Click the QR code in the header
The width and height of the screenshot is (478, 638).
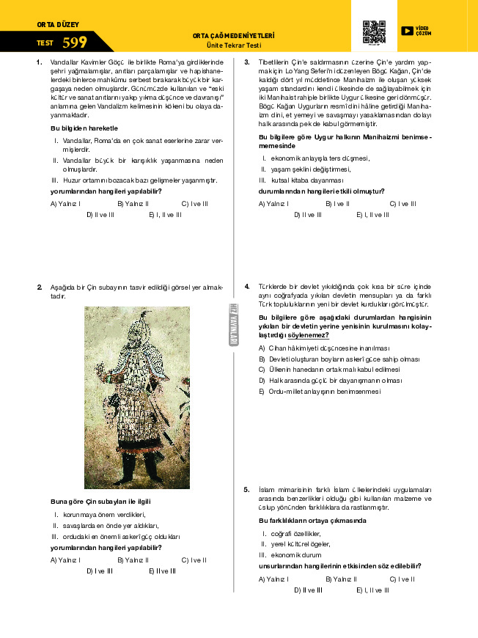click(x=374, y=32)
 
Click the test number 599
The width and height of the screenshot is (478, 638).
click(x=75, y=43)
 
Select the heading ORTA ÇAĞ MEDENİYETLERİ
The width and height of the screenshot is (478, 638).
click(x=233, y=35)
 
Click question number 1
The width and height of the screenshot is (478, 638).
click(x=39, y=62)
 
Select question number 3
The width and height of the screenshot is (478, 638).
click(x=247, y=62)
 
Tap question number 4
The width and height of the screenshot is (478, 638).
click(x=247, y=286)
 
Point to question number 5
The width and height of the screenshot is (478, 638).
click(x=247, y=489)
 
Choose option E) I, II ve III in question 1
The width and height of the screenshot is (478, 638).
click(x=165, y=214)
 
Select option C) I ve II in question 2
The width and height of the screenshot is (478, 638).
click(x=194, y=560)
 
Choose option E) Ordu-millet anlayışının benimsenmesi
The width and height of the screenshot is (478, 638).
click(x=320, y=392)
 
